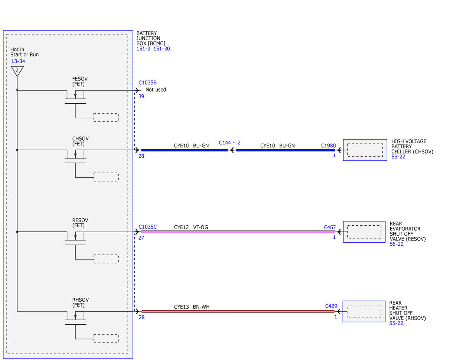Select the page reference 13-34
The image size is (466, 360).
18,61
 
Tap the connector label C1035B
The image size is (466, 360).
148,83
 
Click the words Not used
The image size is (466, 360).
156,90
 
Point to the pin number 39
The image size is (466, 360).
141,96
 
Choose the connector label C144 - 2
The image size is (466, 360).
230,143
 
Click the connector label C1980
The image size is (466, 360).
328,146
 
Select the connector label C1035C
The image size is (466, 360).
148,227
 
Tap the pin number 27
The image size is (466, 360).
141,238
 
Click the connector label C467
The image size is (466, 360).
330,227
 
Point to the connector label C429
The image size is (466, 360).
331,306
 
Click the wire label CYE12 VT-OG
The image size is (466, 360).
191,227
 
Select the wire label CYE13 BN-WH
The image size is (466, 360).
192,307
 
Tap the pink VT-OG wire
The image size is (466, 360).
238,232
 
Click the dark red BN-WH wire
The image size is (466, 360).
238,311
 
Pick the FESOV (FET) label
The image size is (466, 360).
80,82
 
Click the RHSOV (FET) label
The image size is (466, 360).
80,303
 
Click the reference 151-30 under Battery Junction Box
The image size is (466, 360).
162,49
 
